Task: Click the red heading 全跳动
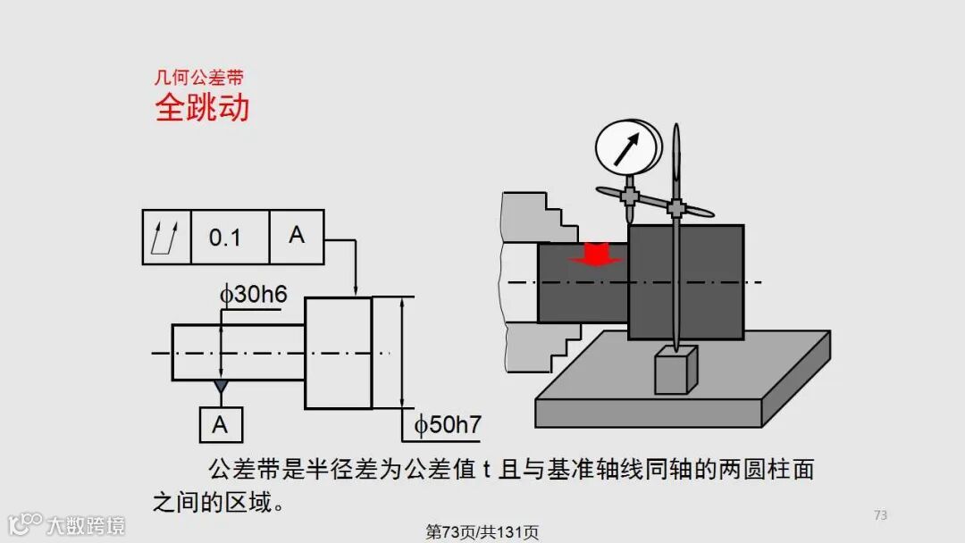coord(202,108)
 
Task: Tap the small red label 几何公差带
coord(199,79)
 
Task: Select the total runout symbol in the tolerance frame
coord(166,238)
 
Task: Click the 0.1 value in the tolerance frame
coord(225,238)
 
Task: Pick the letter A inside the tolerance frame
coord(297,235)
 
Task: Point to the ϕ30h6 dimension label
coord(254,294)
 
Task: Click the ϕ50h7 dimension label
coord(447,425)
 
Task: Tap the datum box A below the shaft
coord(221,425)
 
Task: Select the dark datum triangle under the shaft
coord(221,387)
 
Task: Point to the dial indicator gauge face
coord(625,146)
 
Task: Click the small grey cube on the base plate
coord(675,370)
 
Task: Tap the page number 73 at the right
coord(880,514)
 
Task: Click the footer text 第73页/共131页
coord(482,532)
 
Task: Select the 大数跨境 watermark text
coord(86,524)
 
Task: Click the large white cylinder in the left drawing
coord(338,353)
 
